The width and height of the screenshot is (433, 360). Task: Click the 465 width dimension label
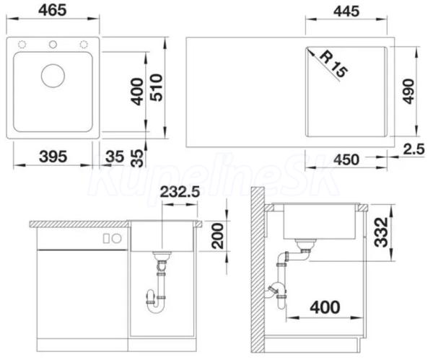coord(53,10)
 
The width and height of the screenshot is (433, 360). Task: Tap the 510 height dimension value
coord(156,87)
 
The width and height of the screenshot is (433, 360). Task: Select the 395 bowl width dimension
coord(53,157)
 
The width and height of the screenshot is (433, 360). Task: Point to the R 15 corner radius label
coord(333,64)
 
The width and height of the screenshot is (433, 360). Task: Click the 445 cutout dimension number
coord(346,12)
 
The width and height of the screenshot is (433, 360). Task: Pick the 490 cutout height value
coord(408,92)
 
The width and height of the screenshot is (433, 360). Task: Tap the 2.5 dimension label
coord(414,149)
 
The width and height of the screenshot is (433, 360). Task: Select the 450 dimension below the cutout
coord(346,159)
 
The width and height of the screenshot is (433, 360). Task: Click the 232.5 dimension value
coord(180,192)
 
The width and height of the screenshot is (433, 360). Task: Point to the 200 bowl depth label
coord(217,236)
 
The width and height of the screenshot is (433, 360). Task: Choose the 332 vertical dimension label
coord(381,232)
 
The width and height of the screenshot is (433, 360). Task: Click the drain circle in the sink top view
coord(53,76)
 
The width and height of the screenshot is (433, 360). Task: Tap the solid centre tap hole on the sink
coord(53,44)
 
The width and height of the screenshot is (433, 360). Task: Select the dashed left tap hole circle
coord(22,44)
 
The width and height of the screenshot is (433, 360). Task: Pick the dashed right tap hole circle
coord(84,44)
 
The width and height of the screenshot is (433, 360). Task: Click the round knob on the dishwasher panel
coord(116,239)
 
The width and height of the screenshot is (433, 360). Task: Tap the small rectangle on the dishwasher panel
coord(106,239)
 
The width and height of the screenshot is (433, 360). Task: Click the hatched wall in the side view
coord(258,269)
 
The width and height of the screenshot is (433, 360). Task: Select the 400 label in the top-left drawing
coord(137,92)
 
